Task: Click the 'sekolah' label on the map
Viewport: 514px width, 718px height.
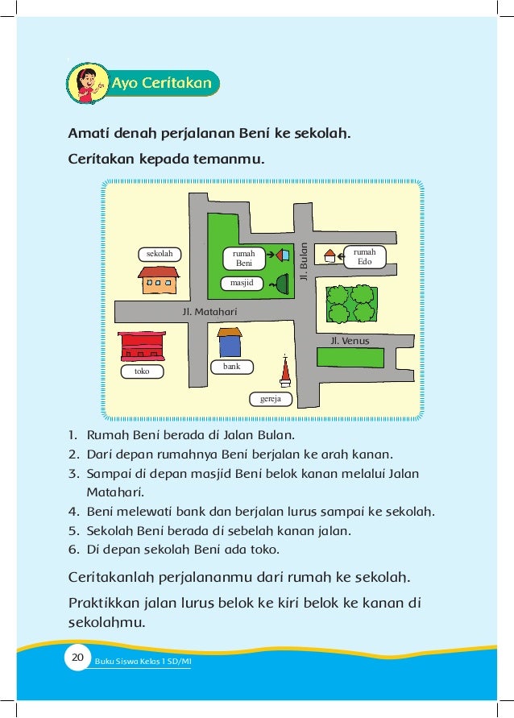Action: click(159, 255)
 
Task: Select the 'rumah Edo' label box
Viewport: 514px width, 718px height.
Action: click(364, 257)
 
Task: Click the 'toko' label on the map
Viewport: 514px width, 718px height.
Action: click(142, 371)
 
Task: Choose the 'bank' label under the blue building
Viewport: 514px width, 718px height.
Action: click(231, 367)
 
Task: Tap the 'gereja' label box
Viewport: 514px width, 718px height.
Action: click(270, 398)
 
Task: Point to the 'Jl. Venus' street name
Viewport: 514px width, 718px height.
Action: click(350, 341)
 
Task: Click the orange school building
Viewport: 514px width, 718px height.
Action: click(158, 280)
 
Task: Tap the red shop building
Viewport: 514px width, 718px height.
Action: click(142, 346)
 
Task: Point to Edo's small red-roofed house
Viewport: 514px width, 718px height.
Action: click(330, 255)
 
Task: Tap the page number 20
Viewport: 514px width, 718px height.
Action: click(77, 659)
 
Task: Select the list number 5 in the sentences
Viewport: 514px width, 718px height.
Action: click(73, 531)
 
